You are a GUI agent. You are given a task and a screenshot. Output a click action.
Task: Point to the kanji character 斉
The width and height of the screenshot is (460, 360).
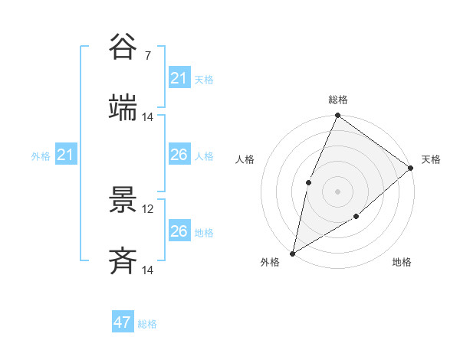(x=123, y=261)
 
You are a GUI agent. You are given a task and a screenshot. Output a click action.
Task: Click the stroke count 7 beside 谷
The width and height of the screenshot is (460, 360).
(x=147, y=55)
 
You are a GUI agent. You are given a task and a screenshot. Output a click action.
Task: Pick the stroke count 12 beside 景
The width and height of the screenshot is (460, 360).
(x=149, y=208)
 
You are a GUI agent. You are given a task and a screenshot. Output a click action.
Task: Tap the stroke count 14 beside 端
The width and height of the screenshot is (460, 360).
(x=148, y=116)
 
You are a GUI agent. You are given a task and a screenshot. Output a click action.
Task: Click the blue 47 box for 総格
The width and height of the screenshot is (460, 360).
(x=123, y=322)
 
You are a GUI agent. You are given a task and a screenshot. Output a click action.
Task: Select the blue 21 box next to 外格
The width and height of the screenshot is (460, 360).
(x=66, y=155)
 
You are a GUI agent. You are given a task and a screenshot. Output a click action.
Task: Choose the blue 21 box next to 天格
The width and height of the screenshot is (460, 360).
(x=179, y=77)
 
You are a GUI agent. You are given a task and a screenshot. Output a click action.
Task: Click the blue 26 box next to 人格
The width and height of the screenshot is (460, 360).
(x=179, y=155)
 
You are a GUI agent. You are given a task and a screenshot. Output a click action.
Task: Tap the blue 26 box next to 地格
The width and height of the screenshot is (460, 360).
(x=179, y=231)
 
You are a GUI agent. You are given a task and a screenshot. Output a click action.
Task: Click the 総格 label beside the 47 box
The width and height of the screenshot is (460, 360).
(x=147, y=324)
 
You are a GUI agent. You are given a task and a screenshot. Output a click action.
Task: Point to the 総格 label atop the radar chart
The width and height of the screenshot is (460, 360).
(x=338, y=100)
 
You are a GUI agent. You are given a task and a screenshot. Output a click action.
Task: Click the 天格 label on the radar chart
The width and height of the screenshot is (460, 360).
(x=431, y=159)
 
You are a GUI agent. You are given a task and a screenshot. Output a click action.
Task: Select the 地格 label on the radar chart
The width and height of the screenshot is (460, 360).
(x=402, y=263)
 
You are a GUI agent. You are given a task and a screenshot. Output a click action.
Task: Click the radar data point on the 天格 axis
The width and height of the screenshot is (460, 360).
(x=411, y=168)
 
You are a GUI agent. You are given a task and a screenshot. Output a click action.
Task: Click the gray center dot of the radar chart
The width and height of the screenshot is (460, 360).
(x=337, y=191)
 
